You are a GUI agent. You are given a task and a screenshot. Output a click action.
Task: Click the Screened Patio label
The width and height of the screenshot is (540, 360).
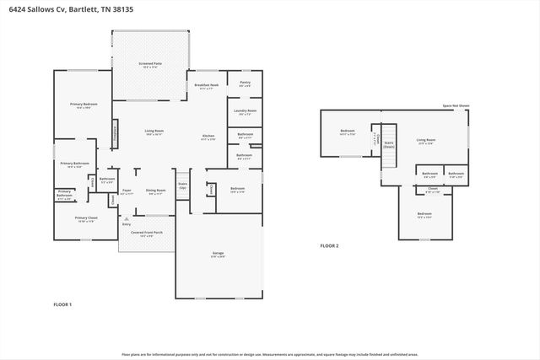(150, 64)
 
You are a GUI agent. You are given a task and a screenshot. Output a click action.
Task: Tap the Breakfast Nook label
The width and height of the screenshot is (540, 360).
(206, 85)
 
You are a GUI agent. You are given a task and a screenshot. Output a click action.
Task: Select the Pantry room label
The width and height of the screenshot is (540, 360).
(245, 83)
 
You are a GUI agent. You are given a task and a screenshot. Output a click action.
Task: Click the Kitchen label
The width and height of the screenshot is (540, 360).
(208, 137)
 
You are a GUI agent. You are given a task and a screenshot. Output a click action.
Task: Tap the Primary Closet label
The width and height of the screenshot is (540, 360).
(87, 219)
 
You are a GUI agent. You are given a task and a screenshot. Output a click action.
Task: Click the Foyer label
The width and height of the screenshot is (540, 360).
(127, 191)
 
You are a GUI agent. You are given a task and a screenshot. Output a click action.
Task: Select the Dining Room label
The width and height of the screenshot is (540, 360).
(155, 191)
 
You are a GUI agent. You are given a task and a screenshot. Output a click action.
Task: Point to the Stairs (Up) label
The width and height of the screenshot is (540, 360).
(182, 185)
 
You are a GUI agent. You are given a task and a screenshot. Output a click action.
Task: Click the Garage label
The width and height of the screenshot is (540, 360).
(217, 253)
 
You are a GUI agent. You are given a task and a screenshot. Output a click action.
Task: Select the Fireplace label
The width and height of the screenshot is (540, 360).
(116, 132)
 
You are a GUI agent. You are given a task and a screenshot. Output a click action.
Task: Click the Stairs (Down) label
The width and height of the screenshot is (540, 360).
(389, 145)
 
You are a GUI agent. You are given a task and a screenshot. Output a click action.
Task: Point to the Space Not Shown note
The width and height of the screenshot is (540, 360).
(456, 106)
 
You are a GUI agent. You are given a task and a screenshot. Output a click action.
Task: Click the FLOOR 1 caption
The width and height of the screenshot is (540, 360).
(63, 304)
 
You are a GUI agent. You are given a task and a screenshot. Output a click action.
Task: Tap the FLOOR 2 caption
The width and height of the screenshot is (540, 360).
(329, 245)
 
